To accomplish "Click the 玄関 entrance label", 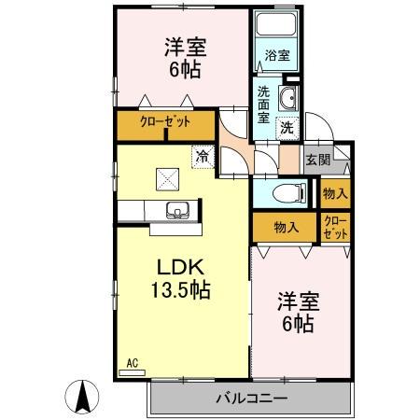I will click(317, 161).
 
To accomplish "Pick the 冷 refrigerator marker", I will click(202, 157).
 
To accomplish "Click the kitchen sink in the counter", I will click(175, 209).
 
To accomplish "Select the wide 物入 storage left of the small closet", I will click(287, 227).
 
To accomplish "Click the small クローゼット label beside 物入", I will click(335, 227).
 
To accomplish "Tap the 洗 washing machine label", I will click(288, 126).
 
